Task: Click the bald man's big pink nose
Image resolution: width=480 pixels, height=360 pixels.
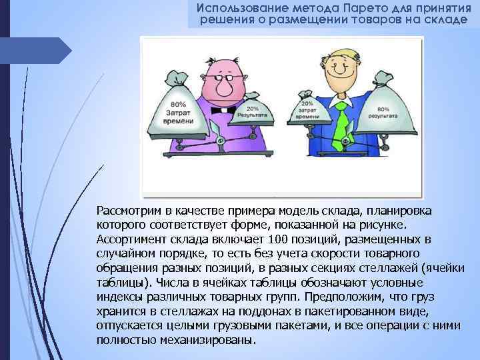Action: (x=224, y=84)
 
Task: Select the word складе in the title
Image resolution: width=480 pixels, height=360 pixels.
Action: (x=448, y=20)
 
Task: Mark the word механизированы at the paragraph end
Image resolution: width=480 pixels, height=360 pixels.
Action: (x=209, y=340)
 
